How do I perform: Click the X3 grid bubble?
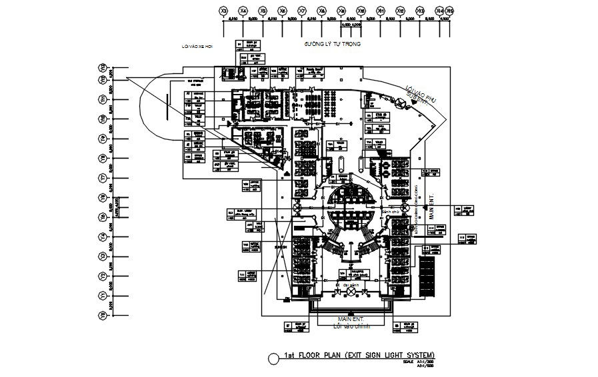click(224, 11)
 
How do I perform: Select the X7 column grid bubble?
click(302, 11)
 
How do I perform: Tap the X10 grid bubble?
click(361, 11)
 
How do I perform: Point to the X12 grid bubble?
click(400, 11)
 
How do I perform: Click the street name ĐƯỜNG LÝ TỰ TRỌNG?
click(332, 44)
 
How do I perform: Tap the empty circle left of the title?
click(273, 358)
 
